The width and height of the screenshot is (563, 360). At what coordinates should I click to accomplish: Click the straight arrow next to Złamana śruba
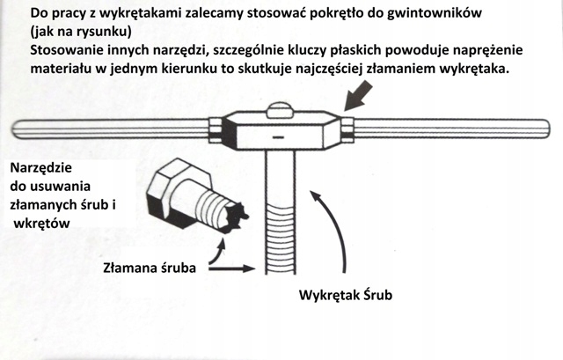[x=233, y=262]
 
